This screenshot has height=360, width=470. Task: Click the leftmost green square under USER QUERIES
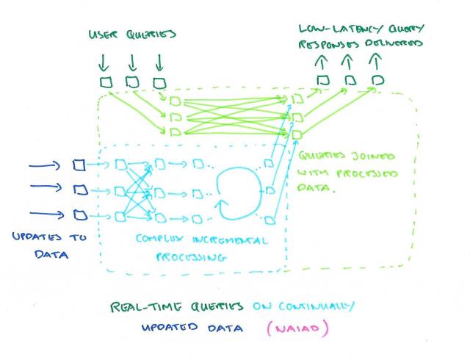[106, 82]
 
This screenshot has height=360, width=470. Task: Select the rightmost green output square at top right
[377, 79]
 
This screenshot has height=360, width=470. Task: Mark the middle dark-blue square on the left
[79, 190]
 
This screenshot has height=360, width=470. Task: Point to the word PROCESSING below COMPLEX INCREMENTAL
[189, 258]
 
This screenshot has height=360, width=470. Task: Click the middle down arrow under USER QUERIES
[132, 60]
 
